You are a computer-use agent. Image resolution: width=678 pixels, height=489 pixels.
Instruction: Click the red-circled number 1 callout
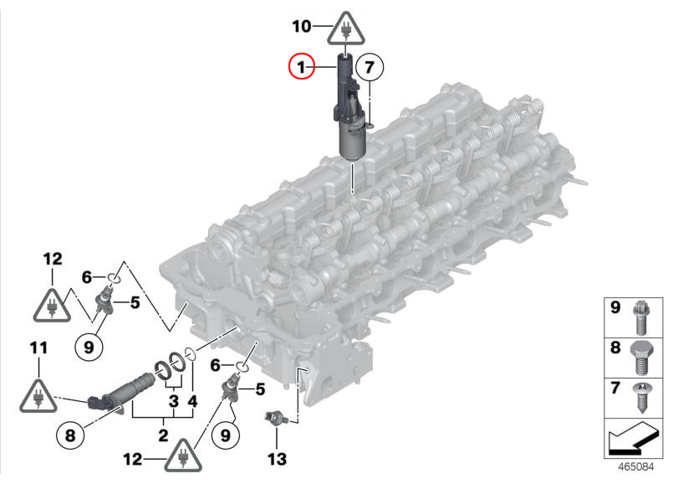[x=302, y=66]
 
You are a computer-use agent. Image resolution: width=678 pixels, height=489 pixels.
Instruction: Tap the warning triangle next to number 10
[x=345, y=29]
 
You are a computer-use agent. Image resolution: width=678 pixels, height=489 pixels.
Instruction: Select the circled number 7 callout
[x=369, y=68]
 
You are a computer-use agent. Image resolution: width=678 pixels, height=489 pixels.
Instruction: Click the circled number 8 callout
[x=70, y=435]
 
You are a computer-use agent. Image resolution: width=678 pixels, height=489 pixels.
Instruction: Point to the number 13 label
[x=277, y=459]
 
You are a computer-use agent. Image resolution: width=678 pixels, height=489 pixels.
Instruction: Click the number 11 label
[x=38, y=347]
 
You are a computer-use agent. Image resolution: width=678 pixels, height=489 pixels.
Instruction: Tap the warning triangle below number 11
[x=38, y=396]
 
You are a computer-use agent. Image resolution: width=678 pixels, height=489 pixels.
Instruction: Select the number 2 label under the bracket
[x=163, y=435]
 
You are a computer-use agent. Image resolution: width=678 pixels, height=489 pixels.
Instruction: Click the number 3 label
[x=174, y=401]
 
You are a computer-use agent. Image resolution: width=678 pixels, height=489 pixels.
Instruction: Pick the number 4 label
[x=192, y=401]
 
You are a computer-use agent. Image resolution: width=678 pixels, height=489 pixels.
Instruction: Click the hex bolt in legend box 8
[x=642, y=358]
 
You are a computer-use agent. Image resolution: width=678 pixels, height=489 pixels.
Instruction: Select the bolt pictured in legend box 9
[x=641, y=317]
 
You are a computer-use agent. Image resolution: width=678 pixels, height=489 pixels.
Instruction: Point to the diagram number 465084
[x=635, y=466]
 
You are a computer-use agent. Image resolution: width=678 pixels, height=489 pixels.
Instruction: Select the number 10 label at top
[x=302, y=27]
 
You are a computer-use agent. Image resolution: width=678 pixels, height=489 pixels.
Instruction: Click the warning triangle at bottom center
[x=183, y=456]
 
